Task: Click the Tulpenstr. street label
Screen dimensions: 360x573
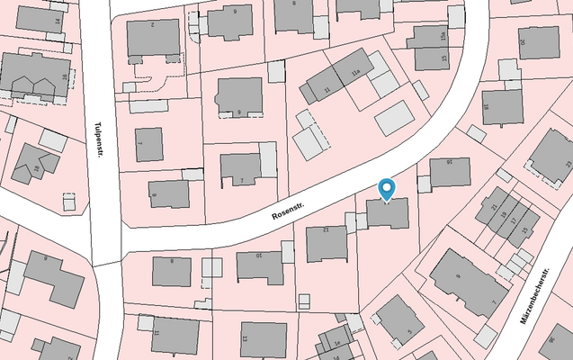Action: coord(96,139)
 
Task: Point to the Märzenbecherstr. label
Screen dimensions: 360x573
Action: coord(533,298)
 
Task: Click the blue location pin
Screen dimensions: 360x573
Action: coord(387,189)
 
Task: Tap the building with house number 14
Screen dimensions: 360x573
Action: coord(40,18)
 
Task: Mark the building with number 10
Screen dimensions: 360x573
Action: coord(260,266)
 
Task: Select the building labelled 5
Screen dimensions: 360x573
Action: coord(399,319)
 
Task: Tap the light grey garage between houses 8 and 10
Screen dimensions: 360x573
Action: coord(211,267)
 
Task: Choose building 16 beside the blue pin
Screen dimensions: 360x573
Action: coord(449,172)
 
